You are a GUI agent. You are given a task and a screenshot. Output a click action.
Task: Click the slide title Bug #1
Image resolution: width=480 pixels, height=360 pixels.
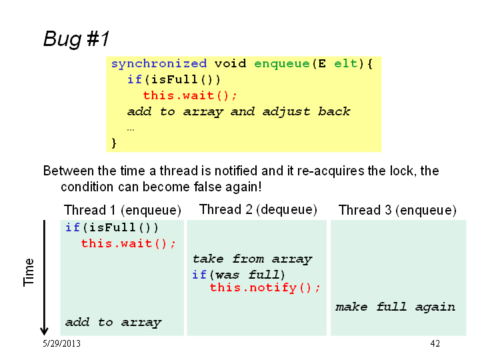pos(76,39)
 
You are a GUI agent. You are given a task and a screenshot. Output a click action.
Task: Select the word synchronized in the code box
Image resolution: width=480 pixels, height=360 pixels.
pos(159,64)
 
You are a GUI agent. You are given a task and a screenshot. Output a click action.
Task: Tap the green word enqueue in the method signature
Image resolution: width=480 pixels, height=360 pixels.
pos(282,64)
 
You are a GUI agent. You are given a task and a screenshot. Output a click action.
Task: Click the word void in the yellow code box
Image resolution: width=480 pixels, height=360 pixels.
pos(230,64)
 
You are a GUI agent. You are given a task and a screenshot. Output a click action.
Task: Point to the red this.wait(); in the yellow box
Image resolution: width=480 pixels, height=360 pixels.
pos(190,95)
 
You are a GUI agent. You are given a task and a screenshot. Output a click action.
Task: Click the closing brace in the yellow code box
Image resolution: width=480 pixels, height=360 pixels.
pos(114,143)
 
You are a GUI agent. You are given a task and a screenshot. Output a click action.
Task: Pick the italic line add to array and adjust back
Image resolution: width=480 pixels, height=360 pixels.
pos(239,112)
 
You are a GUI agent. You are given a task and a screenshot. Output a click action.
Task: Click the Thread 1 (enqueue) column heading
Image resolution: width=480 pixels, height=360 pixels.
pos(123,210)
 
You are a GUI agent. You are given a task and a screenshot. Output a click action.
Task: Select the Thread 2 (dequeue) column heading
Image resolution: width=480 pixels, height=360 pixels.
pos(258,210)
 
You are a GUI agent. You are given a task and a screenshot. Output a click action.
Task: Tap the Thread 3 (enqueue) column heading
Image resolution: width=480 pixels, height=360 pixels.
pos(397,210)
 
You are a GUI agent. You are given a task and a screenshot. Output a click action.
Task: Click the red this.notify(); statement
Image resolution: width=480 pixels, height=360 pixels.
pos(265,288)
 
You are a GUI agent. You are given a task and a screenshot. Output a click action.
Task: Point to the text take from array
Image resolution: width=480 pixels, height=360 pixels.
pos(252,259)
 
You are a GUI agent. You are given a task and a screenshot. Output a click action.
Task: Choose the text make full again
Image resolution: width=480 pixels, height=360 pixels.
pos(395,307)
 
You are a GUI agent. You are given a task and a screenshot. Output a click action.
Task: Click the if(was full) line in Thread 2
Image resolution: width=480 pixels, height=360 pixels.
pos(239,275)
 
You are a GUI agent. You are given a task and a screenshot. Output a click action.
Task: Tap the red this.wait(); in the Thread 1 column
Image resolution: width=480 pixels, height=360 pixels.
pos(128,244)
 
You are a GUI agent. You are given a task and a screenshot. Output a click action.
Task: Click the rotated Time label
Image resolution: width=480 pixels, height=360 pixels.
pos(29,273)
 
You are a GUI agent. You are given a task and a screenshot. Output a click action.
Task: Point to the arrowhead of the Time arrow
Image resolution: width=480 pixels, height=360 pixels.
pos(44,334)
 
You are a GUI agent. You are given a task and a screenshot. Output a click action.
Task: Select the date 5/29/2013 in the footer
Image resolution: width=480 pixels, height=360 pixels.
pos(61,343)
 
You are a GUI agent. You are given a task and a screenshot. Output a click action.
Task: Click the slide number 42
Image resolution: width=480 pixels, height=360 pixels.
pos(435,343)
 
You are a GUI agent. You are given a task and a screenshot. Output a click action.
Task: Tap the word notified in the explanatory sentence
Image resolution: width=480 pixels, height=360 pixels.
pos(235,171)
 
